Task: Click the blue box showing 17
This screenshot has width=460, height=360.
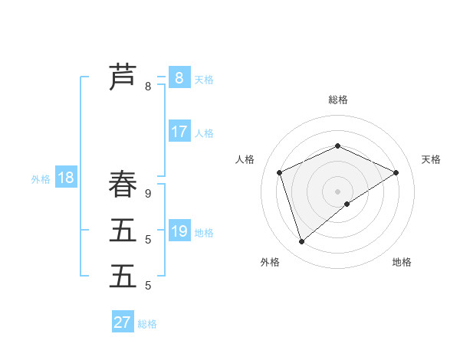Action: coord(179,132)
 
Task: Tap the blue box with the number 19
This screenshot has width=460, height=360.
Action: coord(179,231)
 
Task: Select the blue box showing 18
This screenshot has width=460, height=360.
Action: coord(66,178)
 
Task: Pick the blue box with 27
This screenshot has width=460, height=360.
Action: coord(123,322)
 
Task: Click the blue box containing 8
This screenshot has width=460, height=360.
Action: coord(179,77)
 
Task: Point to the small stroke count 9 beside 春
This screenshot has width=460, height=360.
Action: coord(148,194)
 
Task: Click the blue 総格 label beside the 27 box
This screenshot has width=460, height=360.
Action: coord(147,324)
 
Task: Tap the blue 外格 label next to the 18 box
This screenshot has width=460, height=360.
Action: coord(41,179)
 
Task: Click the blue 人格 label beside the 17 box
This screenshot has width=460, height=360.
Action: coord(204,133)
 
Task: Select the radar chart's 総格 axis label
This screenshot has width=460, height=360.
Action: coord(337,100)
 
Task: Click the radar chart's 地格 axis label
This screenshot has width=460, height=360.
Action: coord(402,263)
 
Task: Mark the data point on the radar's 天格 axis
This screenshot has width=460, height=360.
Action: coord(396,172)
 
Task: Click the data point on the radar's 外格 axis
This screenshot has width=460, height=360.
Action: coord(302,242)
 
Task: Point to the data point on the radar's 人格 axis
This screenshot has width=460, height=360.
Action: coord(280,172)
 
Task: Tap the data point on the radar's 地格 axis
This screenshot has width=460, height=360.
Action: coord(347,204)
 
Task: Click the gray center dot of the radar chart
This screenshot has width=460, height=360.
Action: coord(337,191)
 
